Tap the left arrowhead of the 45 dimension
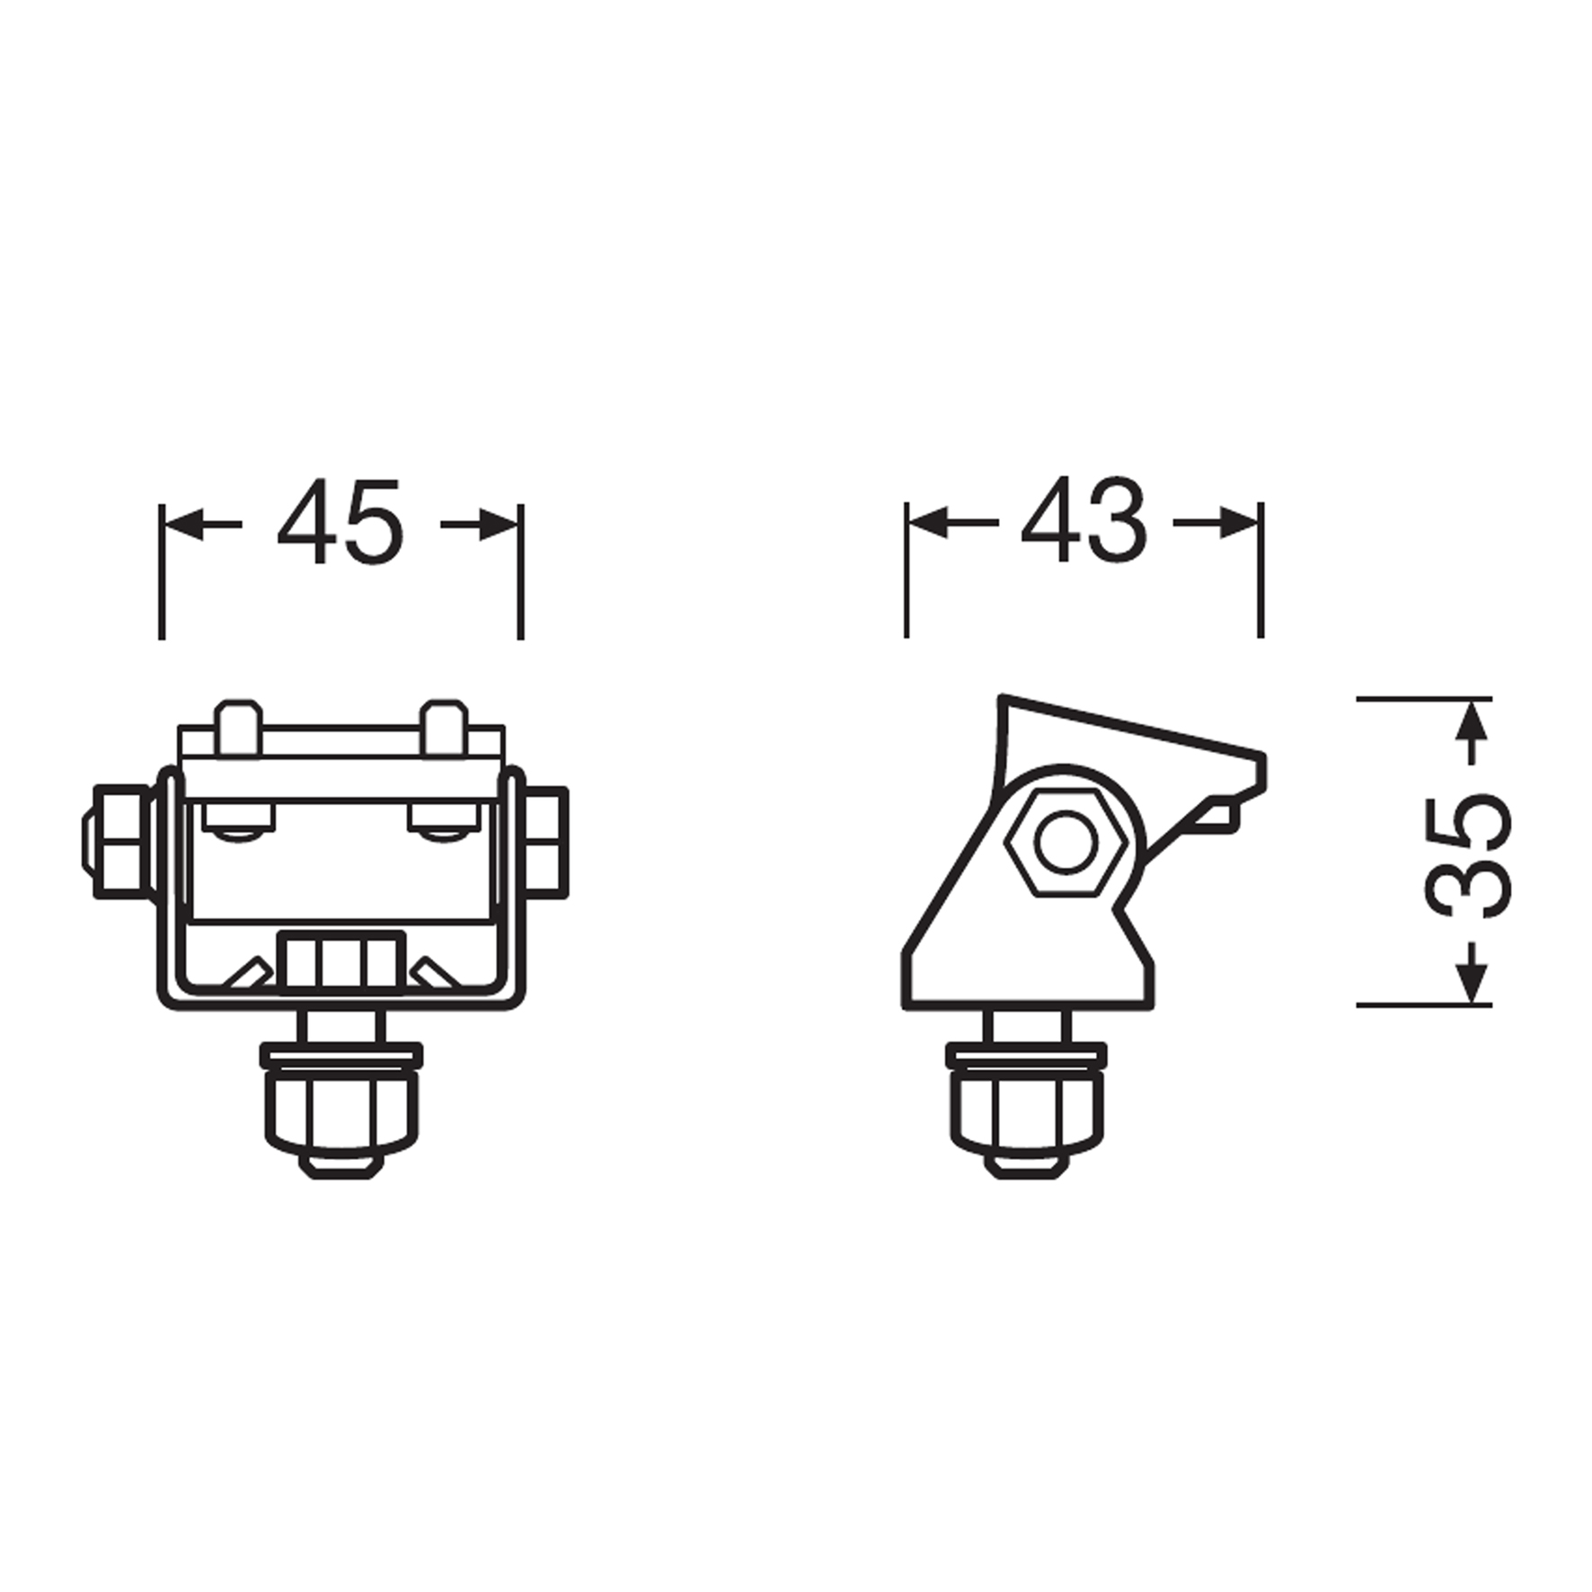184,523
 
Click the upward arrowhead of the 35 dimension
1471,721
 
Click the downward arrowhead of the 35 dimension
1471,983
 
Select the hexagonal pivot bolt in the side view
1066,843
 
